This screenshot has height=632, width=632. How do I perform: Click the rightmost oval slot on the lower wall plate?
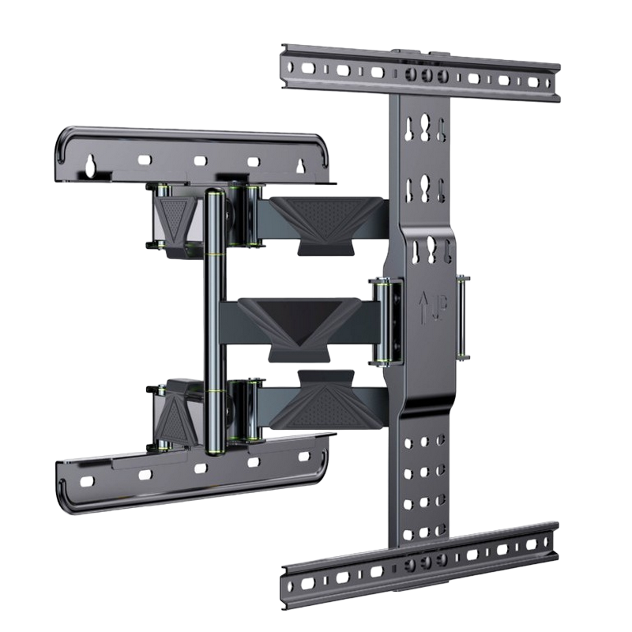click(x=302, y=456)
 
